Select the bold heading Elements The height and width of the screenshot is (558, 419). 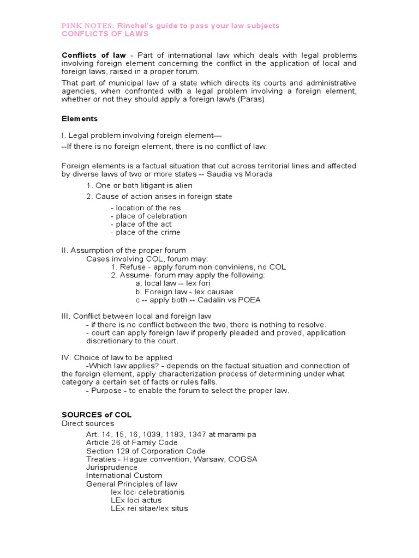click(x=79, y=118)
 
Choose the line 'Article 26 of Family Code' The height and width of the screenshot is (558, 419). click(x=132, y=442)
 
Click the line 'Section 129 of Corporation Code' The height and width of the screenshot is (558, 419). click(x=146, y=451)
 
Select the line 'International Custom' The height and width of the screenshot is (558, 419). click(x=124, y=475)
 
